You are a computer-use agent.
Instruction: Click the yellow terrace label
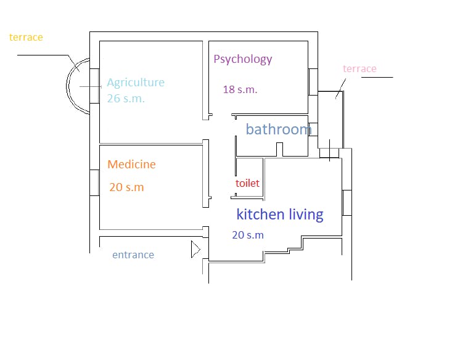[x=26, y=37]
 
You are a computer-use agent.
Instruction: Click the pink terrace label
[x=359, y=68]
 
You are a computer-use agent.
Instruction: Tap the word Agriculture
[x=136, y=83]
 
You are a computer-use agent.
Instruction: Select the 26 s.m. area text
[x=126, y=98]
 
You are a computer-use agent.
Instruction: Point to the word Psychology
[x=243, y=59]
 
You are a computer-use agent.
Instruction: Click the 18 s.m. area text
[x=240, y=89]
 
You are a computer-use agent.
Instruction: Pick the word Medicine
[x=131, y=165]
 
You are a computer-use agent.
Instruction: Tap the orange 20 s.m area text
[x=126, y=187]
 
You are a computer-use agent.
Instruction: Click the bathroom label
[x=279, y=129]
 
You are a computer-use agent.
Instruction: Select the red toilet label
[x=247, y=183]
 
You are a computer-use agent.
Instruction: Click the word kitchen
[x=260, y=214]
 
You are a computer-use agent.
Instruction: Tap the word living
[x=306, y=215]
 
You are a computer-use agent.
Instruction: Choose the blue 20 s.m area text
[x=248, y=235]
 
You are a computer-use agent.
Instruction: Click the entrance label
[x=133, y=255]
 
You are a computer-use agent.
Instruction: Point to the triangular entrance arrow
[x=195, y=250]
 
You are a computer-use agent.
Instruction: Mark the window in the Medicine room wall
[x=94, y=182]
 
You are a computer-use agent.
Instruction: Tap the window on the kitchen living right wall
[x=347, y=203]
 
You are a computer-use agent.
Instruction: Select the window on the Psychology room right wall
[x=313, y=82]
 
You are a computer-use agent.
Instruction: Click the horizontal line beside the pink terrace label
[x=377, y=78]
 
